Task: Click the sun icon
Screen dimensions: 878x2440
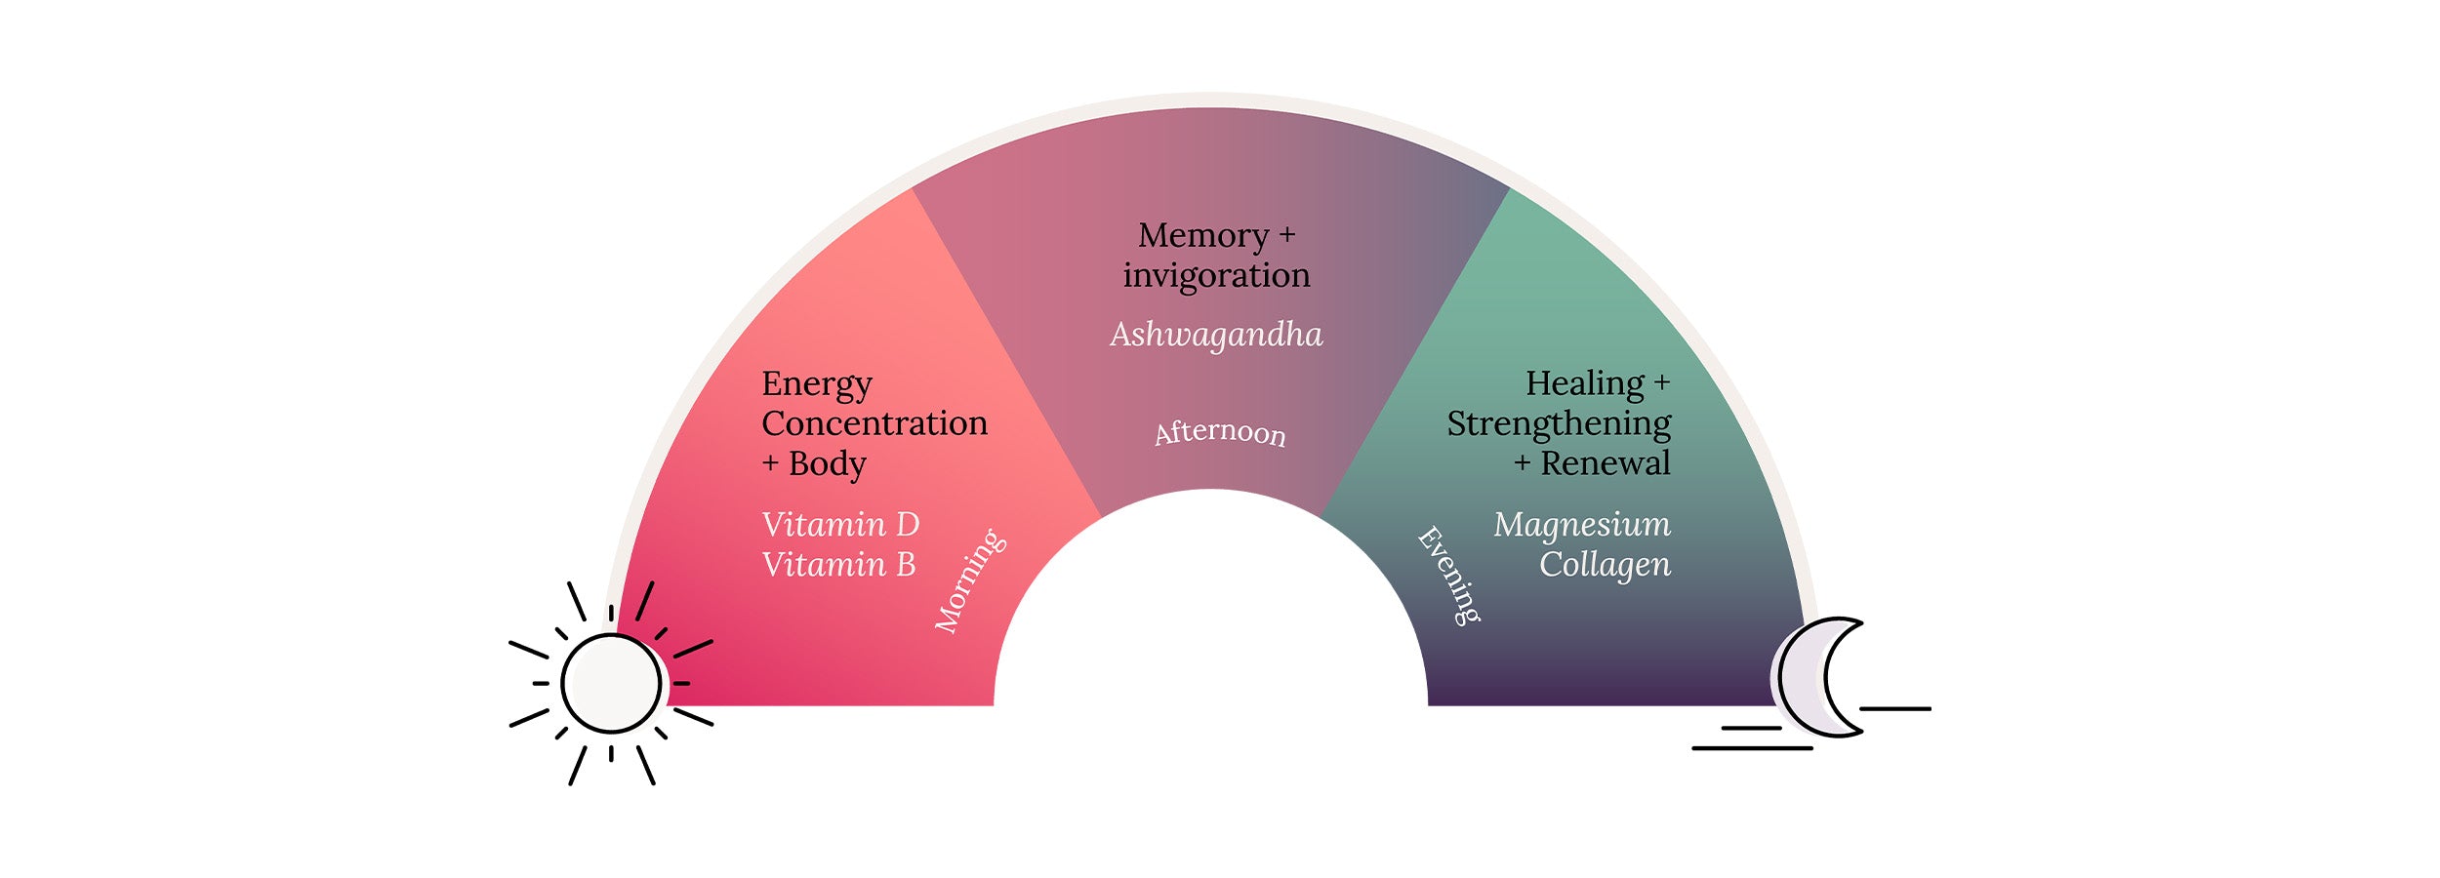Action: pyautogui.click(x=611, y=684)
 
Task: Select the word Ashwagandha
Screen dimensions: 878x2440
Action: pyautogui.click(x=1216, y=335)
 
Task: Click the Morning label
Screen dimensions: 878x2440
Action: pyautogui.click(x=969, y=581)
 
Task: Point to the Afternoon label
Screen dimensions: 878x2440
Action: pyautogui.click(x=1220, y=431)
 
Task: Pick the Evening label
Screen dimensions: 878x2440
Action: pyautogui.click(x=1449, y=575)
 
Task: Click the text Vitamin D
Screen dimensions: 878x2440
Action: pyautogui.click(x=840, y=525)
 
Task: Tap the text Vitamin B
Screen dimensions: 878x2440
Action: pyautogui.click(x=838, y=565)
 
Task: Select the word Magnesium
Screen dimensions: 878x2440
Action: pyautogui.click(x=1581, y=525)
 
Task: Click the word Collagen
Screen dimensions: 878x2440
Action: pyautogui.click(x=1605, y=565)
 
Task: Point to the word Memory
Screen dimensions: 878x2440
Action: pyautogui.click(x=1202, y=235)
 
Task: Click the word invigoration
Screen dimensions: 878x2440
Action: pyautogui.click(x=1216, y=275)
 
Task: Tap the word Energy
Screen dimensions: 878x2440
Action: pyautogui.click(x=817, y=384)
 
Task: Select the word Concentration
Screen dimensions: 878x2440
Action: pyautogui.click(x=874, y=423)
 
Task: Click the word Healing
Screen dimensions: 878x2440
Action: pyautogui.click(x=1585, y=383)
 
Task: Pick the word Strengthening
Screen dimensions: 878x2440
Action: pyautogui.click(x=1559, y=424)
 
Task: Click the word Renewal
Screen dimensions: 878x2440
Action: pyautogui.click(x=1606, y=463)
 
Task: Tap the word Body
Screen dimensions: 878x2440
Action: pyautogui.click(x=827, y=464)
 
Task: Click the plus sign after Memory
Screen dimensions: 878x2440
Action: pyautogui.click(x=1287, y=235)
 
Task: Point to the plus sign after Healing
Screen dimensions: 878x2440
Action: pyautogui.click(x=1662, y=383)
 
